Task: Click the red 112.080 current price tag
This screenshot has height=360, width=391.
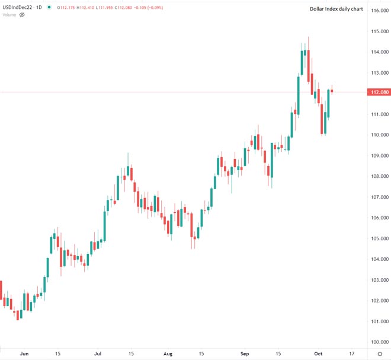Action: pos(379,92)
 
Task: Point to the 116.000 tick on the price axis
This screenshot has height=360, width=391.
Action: pos(379,11)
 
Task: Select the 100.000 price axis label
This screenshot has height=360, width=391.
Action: pos(379,342)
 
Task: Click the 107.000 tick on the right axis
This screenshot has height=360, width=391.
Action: pos(379,197)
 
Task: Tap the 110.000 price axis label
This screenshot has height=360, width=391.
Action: pos(379,135)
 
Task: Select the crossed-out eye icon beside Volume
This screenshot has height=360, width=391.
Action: pos(23,15)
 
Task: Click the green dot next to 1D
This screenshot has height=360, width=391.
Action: pos(48,8)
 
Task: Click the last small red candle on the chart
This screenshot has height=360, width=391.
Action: pos(332,91)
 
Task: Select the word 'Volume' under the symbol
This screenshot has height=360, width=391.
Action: pos(9,15)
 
